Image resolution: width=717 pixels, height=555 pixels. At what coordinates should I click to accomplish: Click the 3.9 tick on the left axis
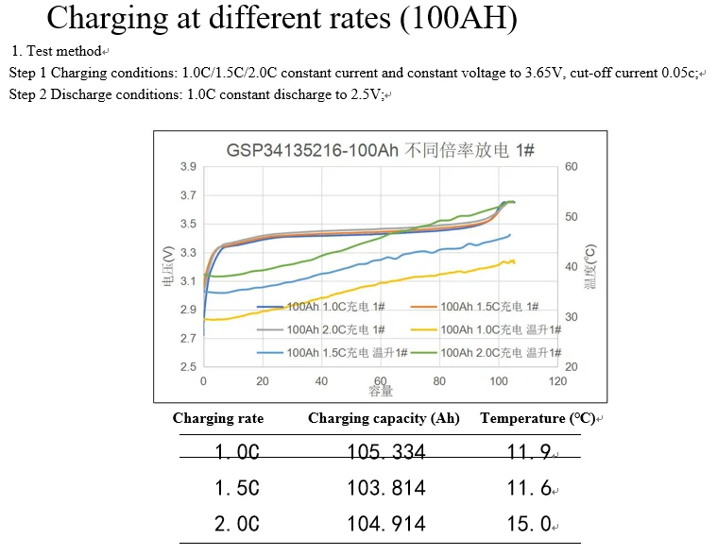[188, 167]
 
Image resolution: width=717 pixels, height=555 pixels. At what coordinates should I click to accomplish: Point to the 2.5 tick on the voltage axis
[188, 366]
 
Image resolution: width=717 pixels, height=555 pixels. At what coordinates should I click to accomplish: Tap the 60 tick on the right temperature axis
[571, 167]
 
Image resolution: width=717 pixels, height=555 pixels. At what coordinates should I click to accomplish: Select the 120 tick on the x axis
[557, 381]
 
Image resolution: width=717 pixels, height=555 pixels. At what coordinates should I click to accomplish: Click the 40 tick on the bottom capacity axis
[321, 381]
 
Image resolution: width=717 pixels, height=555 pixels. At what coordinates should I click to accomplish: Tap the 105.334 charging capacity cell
[385, 452]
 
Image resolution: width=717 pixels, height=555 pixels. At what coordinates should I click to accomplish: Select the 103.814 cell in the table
[385, 488]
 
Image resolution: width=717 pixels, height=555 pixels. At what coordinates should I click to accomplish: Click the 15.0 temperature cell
[529, 524]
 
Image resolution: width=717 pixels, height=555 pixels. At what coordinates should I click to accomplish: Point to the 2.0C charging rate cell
[236, 524]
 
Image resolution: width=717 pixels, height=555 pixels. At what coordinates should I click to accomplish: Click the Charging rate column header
[218, 418]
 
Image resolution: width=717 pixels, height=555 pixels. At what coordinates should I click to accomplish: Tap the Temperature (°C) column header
[537, 418]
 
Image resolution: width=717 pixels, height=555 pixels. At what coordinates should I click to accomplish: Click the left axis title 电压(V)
[168, 267]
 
